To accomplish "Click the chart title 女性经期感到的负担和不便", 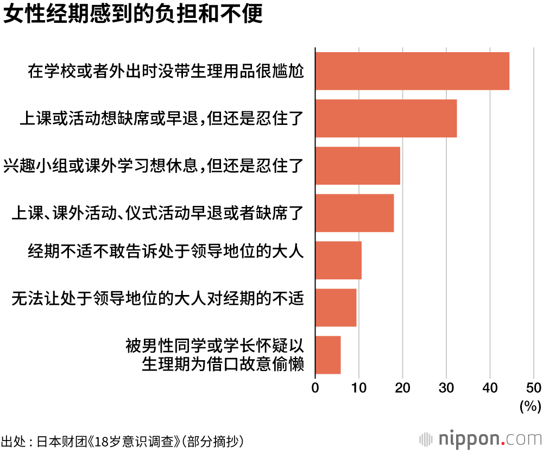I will click(133, 15).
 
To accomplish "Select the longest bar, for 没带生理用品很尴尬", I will click(412, 71).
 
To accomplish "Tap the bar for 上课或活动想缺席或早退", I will click(386, 118).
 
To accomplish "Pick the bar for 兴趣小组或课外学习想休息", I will click(357, 166).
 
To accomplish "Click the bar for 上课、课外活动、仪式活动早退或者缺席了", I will click(354, 213).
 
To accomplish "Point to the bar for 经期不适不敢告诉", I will click(338, 260).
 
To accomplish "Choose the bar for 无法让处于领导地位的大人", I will click(336, 307).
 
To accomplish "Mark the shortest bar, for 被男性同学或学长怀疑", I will click(327, 355).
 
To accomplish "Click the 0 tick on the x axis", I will click(315, 387).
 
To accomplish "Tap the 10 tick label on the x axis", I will click(358, 387).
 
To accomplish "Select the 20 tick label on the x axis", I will click(402, 387).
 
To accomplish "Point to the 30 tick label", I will click(446, 387).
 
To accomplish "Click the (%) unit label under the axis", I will click(531, 405).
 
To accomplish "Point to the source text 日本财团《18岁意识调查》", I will click(109, 440).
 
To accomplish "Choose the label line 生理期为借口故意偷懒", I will click(222, 363).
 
